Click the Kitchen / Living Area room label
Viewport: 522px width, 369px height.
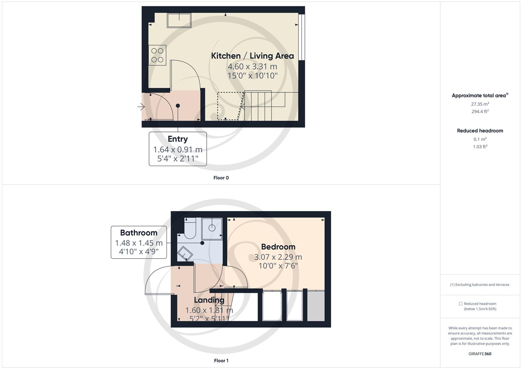click(x=252, y=56)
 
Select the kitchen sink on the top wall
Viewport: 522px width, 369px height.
click(x=179, y=20)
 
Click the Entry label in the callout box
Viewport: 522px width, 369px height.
click(x=177, y=139)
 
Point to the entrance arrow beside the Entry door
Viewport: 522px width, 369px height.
click(x=141, y=107)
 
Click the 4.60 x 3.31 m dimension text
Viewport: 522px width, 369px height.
click(x=252, y=66)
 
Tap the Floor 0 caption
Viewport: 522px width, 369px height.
click(x=221, y=178)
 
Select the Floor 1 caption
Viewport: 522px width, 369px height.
click(x=221, y=360)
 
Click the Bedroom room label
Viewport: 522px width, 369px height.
click(x=278, y=247)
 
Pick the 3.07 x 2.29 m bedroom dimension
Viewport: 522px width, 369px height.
click(x=278, y=257)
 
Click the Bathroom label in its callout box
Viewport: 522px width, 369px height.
click(x=138, y=233)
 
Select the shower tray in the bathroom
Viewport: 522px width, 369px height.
click(x=212, y=228)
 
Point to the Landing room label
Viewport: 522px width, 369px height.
click(x=209, y=300)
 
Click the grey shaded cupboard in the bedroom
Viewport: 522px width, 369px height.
click(x=316, y=306)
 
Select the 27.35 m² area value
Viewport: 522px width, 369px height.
click(x=480, y=104)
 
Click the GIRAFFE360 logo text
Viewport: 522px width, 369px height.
click(x=480, y=354)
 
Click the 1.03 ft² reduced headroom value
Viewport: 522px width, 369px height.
click(x=480, y=147)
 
